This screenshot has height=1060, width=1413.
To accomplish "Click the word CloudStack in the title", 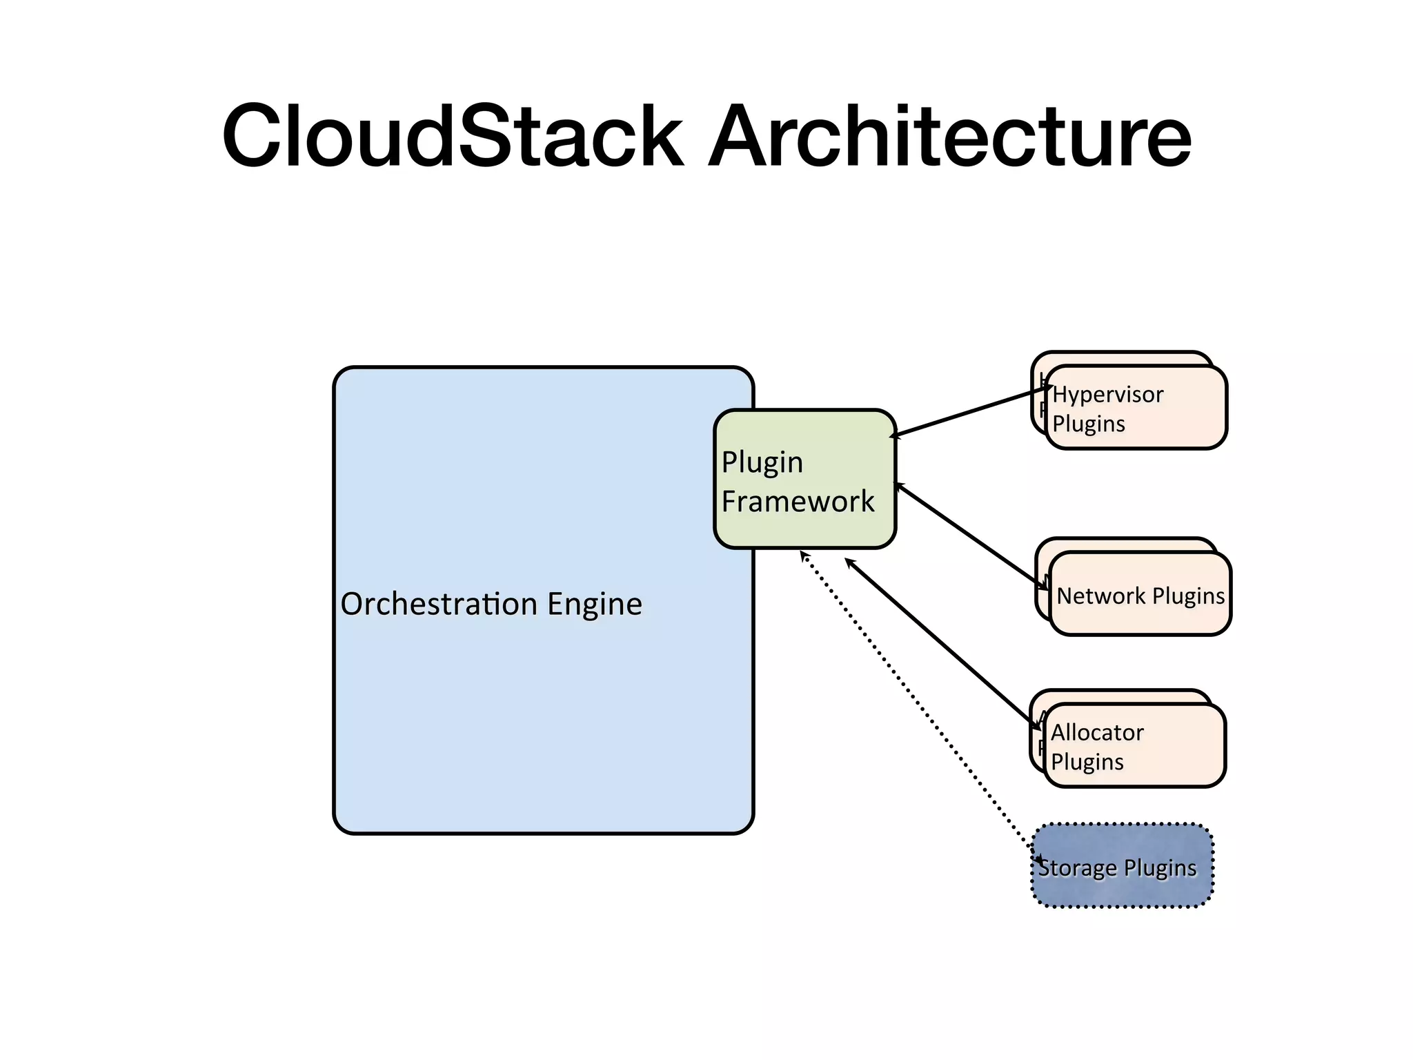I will [x=452, y=136].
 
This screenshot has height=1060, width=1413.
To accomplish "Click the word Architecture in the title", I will [x=950, y=136].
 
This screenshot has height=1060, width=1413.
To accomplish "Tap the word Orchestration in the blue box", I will [x=439, y=604].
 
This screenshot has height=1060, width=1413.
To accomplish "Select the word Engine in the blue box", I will [x=594, y=605].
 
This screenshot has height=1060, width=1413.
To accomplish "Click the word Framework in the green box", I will [x=798, y=501].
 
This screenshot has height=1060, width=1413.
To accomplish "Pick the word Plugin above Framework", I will [x=762, y=462].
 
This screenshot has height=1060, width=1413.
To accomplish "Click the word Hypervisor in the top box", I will [x=1107, y=394].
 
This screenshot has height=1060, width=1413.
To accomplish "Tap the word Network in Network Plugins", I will [x=1100, y=596].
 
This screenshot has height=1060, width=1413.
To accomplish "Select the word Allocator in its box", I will [x=1097, y=732].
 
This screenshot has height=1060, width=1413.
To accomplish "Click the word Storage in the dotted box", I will [x=1076, y=868].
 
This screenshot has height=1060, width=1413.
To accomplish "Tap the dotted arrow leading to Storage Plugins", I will [x=918, y=704].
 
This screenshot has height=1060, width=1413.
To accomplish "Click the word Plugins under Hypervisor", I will [x=1089, y=424].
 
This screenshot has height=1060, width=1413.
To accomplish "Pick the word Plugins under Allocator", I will [x=1087, y=762].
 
